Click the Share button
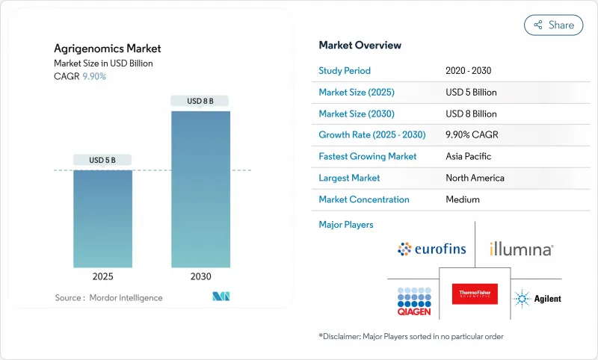click(553, 25)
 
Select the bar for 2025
click(102, 218)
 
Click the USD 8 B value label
click(200, 101)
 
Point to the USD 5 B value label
click(102, 160)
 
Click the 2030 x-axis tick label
click(200, 276)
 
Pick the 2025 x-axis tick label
click(102, 276)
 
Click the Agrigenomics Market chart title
click(107, 49)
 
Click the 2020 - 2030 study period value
click(468, 71)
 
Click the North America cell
click(475, 178)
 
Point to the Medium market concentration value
click(462, 199)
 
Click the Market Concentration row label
click(364, 199)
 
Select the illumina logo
click(521, 249)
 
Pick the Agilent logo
click(537, 299)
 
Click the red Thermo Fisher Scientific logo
click(475, 294)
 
